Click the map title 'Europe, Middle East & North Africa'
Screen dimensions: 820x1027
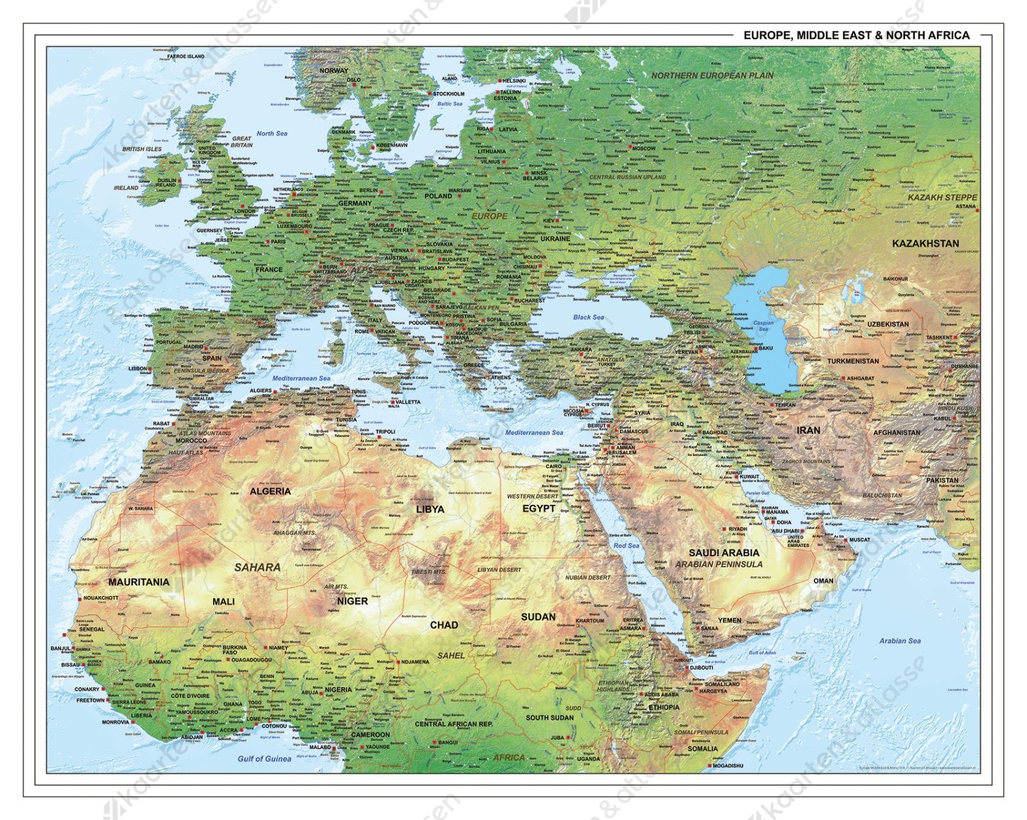856,36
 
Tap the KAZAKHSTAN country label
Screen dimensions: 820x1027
926,244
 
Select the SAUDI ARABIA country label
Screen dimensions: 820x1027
724,552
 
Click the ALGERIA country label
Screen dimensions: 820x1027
270,491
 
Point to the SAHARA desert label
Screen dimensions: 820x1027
257,567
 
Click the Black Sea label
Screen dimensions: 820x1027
588,317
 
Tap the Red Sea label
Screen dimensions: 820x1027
626,545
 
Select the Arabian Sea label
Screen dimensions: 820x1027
900,640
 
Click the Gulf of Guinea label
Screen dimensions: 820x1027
264,758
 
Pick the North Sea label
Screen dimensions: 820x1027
272,133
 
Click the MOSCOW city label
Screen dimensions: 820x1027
643,148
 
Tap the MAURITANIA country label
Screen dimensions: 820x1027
139,582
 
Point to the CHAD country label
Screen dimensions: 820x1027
444,625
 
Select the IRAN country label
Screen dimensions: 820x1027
808,431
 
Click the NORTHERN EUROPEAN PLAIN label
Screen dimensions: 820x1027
712,76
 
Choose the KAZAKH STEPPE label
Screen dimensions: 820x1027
942,198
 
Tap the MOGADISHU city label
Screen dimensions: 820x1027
727,765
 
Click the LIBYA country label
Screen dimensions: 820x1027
429,509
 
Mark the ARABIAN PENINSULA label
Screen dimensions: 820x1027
719,564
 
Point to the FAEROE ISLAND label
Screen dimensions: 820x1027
186,56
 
